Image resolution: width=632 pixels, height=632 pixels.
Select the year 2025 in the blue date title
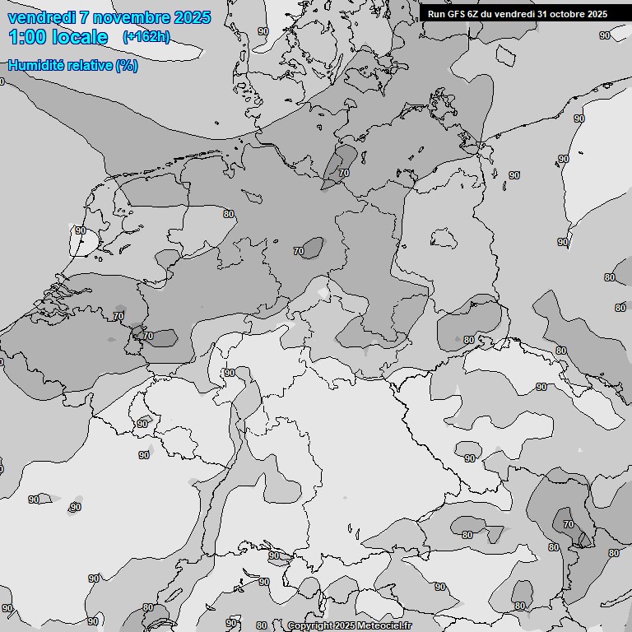[193, 17]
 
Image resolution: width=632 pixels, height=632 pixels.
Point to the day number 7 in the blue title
[85, 17]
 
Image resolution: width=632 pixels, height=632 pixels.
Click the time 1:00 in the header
[28, 37]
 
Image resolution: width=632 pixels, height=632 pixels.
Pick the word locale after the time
[80, 37]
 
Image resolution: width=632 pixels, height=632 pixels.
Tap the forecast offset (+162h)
[146, 37]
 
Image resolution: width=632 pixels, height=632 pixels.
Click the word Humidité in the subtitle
[35, 65]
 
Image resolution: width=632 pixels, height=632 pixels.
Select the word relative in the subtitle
[90, 65]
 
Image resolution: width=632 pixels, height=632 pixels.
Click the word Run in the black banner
[436, 13]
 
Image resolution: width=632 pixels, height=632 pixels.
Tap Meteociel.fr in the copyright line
[383, 626]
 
